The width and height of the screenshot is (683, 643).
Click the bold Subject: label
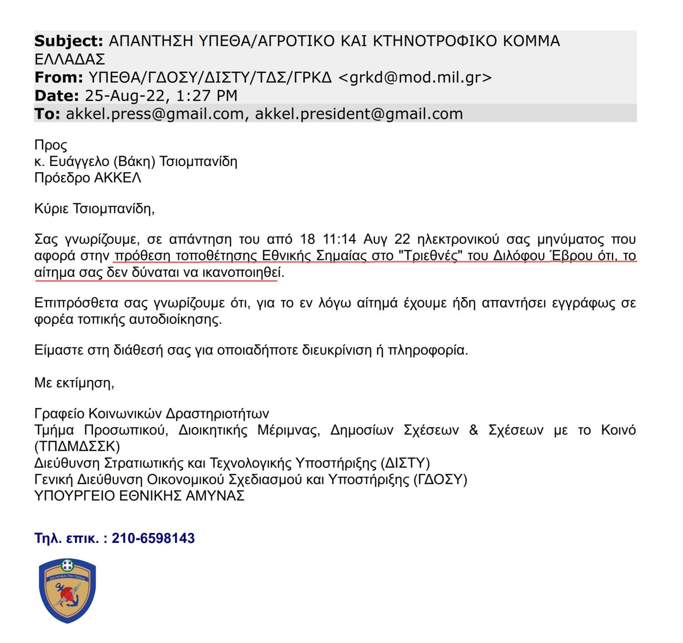[68, 41]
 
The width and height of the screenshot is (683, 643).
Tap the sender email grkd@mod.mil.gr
[415, 77]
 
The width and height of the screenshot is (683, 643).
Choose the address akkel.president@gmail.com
[359, 114]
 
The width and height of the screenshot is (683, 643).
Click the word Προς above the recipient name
[51, 146]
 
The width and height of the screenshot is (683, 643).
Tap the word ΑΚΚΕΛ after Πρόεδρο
[117, 178]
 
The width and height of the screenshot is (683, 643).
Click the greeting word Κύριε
[51, 209]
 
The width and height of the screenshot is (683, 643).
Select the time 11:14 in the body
[339, 239]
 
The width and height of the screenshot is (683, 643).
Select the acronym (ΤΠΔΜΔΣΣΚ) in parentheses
[77, 446]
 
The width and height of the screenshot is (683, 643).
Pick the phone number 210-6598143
[153, 538]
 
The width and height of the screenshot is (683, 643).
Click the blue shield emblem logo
[67, 590]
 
